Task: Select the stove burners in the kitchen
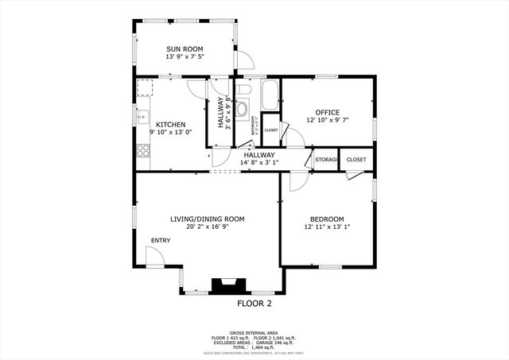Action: click(143, 149)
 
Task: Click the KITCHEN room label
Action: click(171, 125)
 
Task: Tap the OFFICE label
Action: click(328, 112)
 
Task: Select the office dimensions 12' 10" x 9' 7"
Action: click(328, 121)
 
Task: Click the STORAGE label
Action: click(326, 160)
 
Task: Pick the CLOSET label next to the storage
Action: click(356, 160)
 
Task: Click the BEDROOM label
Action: click(327, 219)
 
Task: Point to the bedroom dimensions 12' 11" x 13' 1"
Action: click(327, 228)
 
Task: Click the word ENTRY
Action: click(161, 240)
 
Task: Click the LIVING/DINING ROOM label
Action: click(207, 219)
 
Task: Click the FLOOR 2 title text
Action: click(254, 304)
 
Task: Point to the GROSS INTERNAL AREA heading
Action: click(254, 333)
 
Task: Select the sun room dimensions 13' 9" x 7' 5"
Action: click(184, 57)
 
